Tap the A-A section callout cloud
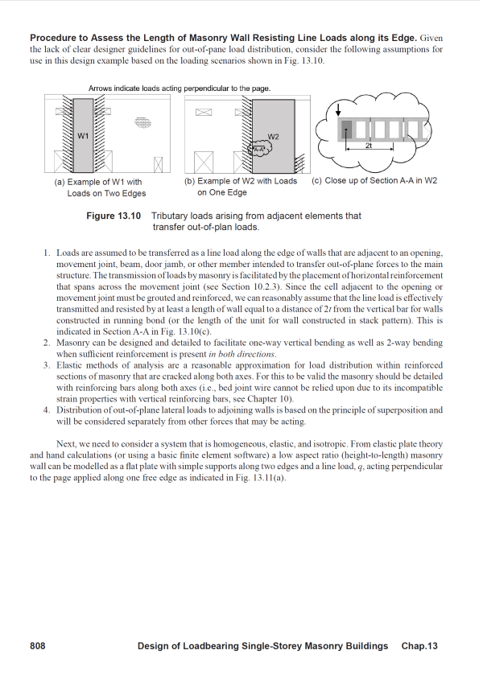[x=258, y=150]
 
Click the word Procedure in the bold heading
[x=56, y=38]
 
